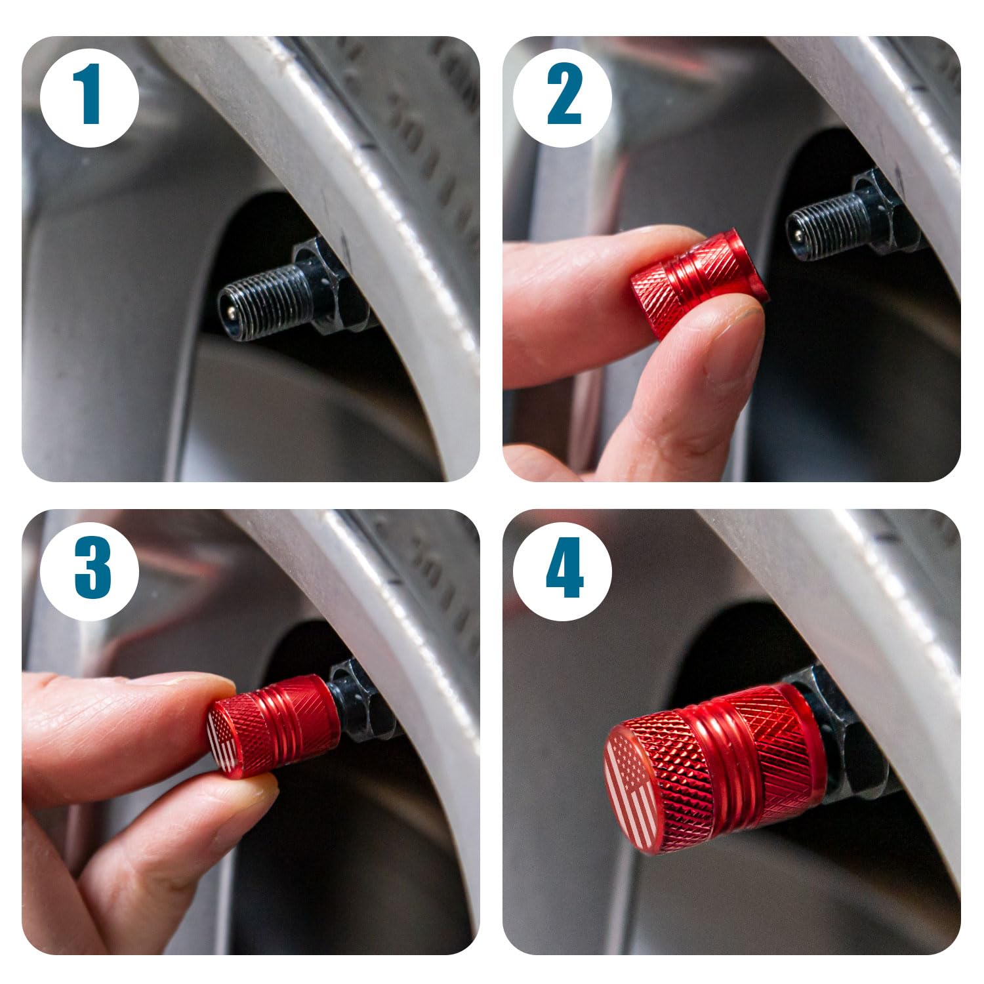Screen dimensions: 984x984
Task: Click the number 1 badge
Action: coord(89,98)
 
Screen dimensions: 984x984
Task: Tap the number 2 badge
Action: coord(562,98)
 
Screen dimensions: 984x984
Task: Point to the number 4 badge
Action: coord(562,568)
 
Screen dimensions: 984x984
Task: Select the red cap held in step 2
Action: coord(699,282)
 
